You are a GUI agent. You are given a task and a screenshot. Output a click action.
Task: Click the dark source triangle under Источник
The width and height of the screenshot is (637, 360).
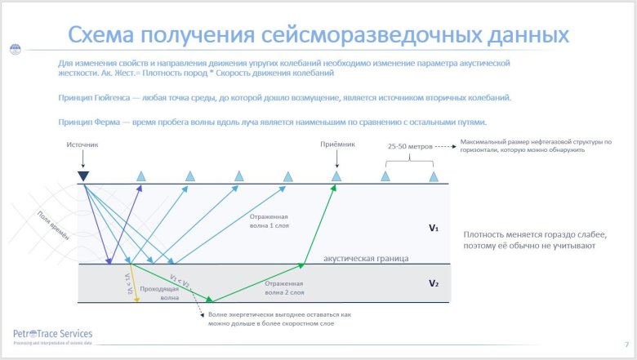83,176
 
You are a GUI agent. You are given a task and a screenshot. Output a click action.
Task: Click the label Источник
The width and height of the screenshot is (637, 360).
83,144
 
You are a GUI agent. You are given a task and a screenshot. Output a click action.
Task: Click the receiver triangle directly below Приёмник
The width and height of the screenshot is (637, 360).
336,176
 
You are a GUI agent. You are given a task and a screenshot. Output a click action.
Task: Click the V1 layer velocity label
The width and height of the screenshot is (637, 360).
434,229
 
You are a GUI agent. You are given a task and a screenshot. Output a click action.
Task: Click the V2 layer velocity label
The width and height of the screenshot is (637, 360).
434,283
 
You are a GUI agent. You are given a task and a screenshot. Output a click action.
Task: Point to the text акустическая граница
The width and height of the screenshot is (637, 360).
366,258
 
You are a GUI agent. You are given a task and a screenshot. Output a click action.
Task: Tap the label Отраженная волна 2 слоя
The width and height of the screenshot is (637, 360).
285,287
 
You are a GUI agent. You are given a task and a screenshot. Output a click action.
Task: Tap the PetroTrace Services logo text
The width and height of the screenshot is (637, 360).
53,334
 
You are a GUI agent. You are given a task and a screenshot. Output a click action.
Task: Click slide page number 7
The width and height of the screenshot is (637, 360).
626,344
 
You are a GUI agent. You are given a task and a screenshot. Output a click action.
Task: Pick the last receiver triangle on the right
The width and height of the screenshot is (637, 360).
434,176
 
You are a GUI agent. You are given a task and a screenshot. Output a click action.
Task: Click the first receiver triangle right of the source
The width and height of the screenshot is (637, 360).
140,176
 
